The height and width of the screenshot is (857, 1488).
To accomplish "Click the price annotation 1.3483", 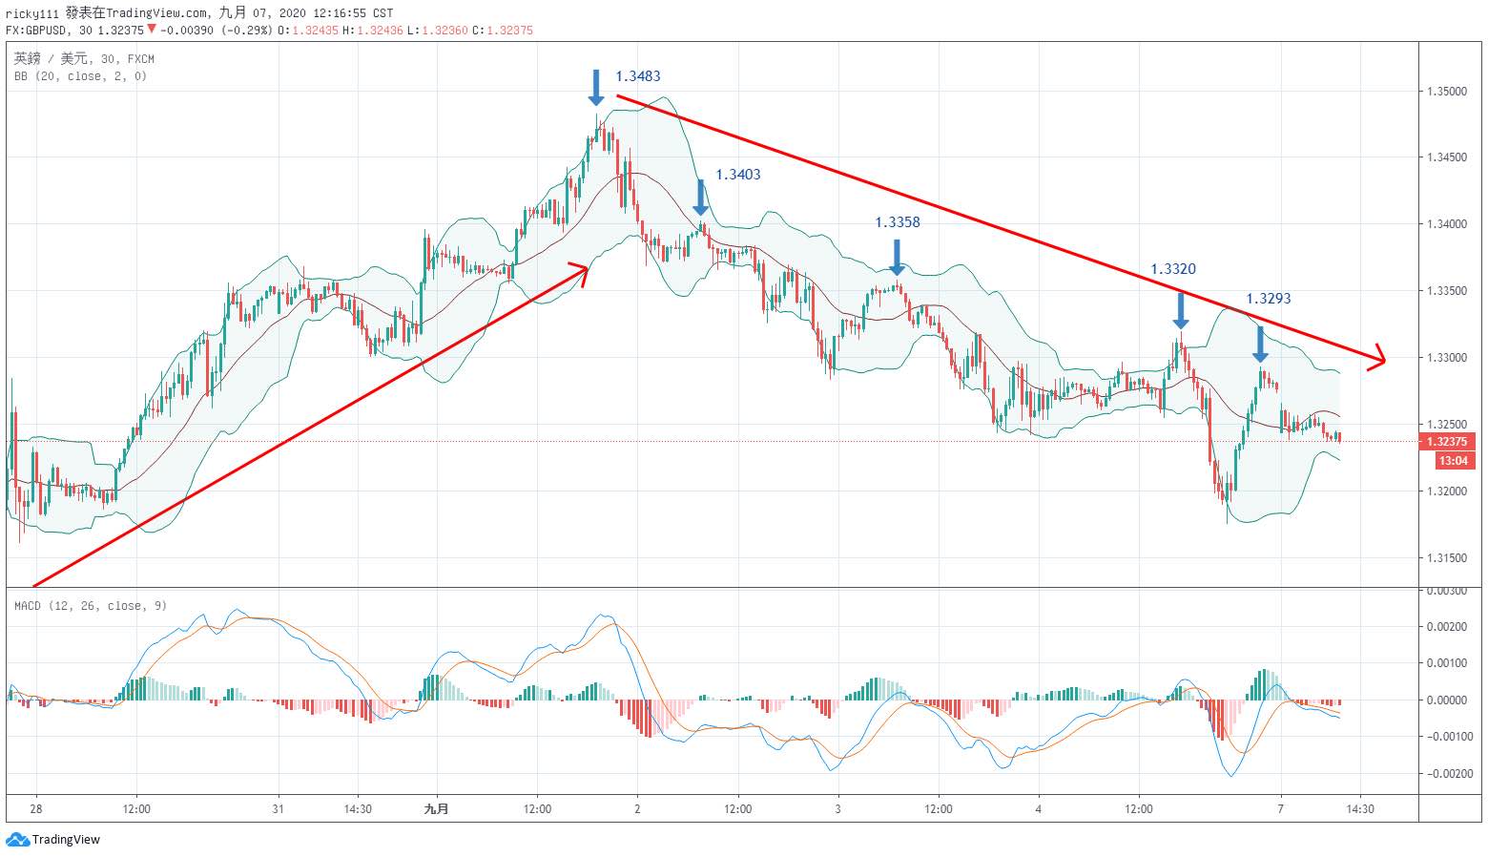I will point(637,76).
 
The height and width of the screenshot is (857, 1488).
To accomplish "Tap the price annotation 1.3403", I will point(738,175).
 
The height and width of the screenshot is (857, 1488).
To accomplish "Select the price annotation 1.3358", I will point(898,222).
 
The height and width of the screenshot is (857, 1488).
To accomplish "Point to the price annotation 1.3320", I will point(1172,269).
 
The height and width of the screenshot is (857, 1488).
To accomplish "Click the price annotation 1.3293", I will point(1268,299).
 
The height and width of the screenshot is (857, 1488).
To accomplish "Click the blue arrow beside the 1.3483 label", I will point(596,88).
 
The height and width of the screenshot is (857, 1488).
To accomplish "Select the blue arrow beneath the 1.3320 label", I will point(1181,311).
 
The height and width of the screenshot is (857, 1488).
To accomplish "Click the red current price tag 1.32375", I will point(1446,442).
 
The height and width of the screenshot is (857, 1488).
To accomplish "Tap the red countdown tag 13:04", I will point(1452,461).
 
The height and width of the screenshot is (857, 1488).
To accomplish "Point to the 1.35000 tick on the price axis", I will point(1446,92).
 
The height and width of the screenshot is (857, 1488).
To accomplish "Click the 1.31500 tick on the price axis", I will point(1446,558).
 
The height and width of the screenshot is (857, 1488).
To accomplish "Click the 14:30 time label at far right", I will point(1359,809).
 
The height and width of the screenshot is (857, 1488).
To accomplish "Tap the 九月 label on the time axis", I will point(436,809).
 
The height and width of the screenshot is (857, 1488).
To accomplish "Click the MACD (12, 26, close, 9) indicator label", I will point(91,606).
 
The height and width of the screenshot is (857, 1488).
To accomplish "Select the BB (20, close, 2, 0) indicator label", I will point(80,76).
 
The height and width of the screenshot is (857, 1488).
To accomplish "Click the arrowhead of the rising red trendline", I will point(582,269).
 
